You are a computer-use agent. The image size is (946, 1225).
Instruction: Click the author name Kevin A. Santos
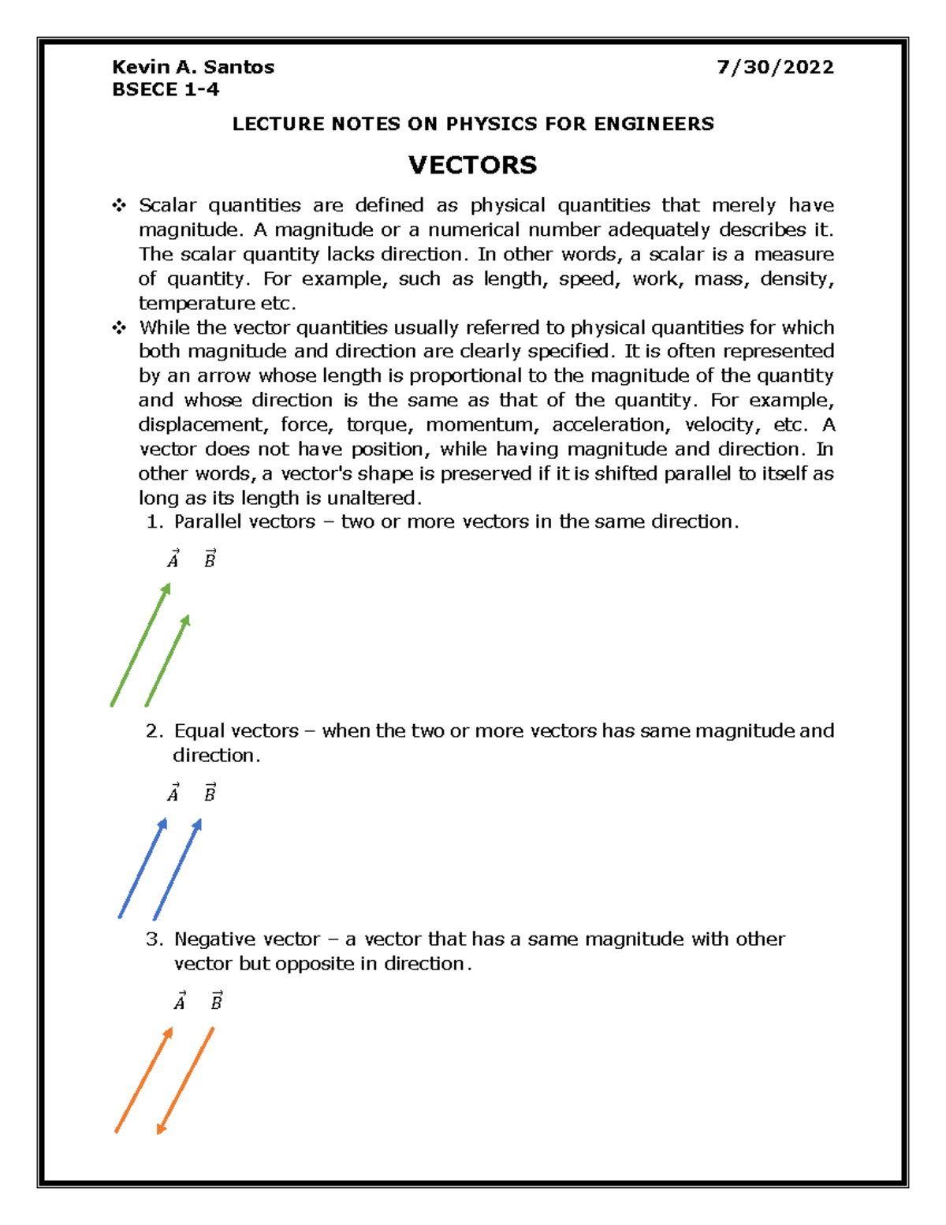tap(193, 67)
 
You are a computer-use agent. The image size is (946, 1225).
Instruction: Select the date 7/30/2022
tap(775, 67)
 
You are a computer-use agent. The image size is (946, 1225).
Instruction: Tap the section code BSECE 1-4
tap(166, 90)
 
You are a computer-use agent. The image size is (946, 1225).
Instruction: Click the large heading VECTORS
tap(472, 165)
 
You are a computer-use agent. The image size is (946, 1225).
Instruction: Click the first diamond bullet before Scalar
tap(119, 206)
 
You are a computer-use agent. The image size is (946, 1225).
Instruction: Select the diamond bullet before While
tap(119, 327)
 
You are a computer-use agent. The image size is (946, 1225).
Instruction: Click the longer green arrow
tap(140, 644)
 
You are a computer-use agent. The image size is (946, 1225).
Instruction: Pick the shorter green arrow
tap(168, 660)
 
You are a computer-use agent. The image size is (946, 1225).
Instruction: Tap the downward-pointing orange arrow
tap(185, 1081)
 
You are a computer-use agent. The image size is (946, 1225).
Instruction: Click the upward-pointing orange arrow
tap(143, 1080)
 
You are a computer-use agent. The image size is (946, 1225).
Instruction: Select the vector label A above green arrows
tap(173, 559)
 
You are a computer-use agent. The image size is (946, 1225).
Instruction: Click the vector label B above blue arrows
tap(210, 793)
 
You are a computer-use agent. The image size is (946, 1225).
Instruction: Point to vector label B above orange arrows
tap(216, 1001)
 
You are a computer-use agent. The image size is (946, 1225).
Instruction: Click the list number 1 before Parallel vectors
tap(154, 522)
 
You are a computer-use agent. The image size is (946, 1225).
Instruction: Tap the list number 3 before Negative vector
tap(154, 939)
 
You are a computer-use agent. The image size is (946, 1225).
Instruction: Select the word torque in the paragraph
tap(378, 425)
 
